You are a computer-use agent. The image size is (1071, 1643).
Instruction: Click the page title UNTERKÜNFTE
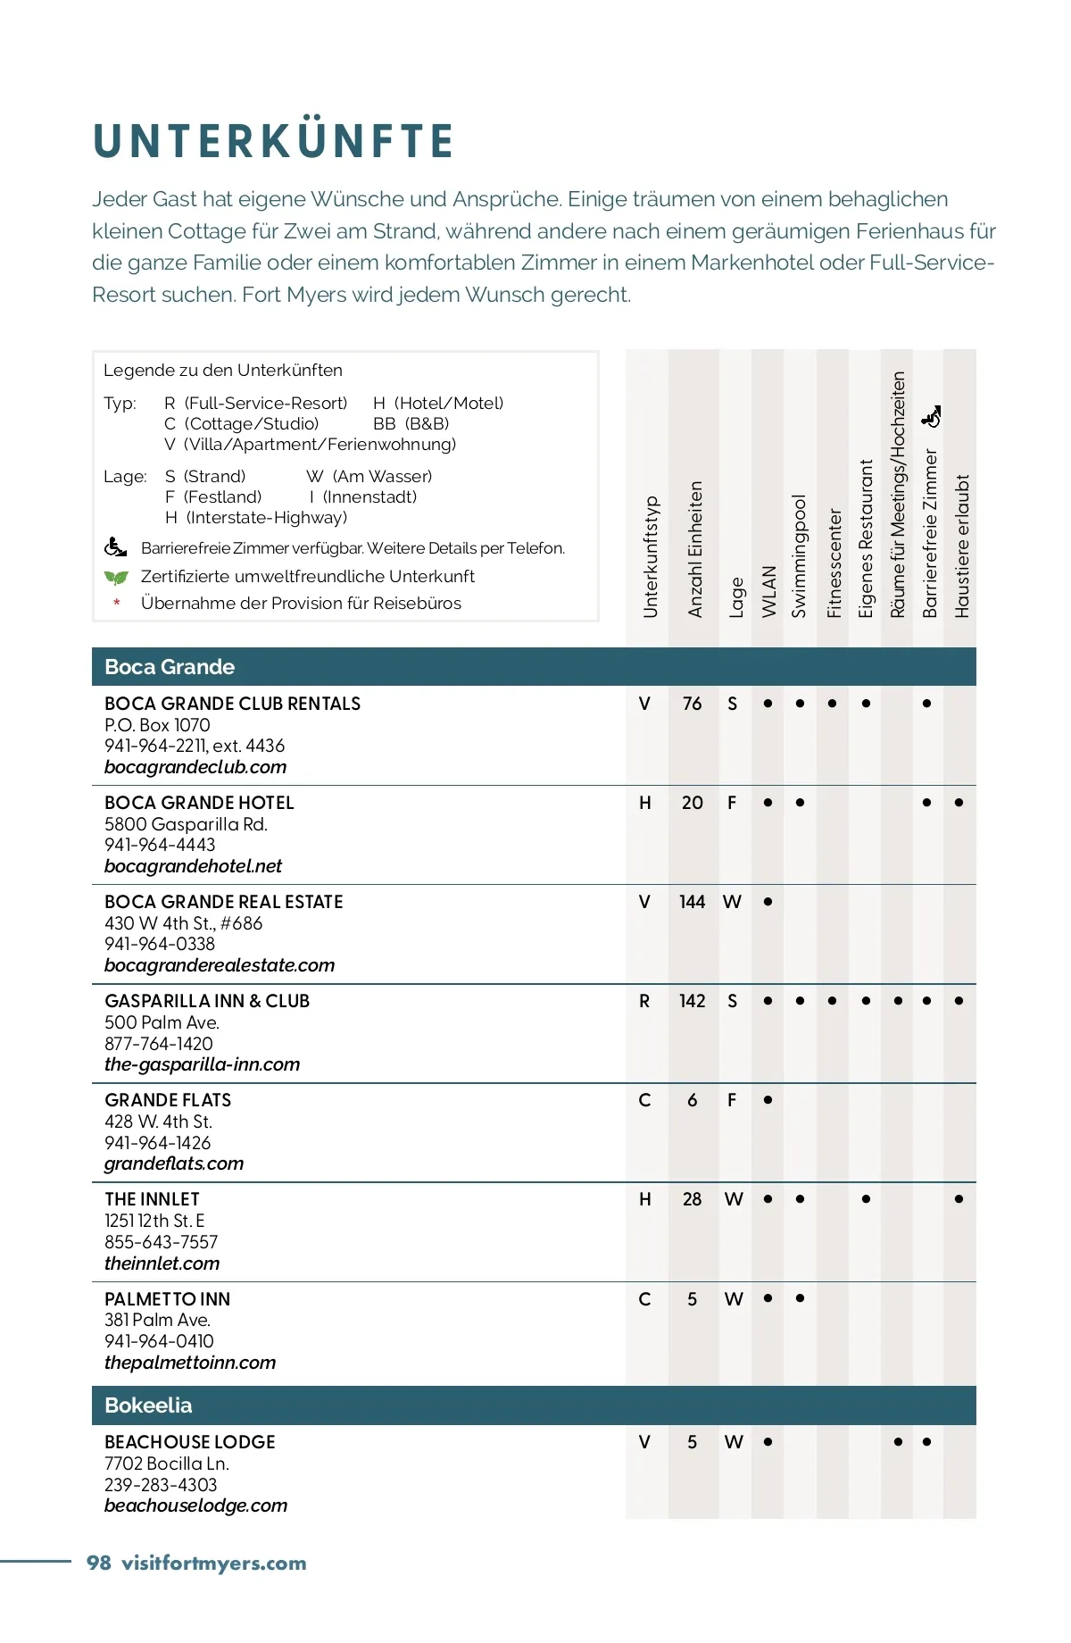[273, 141]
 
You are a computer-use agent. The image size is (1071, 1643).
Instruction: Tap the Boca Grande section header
[170, 667]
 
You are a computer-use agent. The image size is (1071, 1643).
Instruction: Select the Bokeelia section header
[148, 1405]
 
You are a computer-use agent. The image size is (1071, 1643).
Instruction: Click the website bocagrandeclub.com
[195, 767]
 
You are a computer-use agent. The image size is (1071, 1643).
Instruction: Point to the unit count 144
[692, 902]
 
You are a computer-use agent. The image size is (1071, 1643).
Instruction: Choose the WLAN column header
[768, 591]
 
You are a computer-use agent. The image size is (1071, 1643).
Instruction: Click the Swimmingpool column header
[800, 555]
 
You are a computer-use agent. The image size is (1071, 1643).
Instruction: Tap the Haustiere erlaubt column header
[961, 546]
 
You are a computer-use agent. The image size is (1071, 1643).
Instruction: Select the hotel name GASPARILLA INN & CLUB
[207, 1001]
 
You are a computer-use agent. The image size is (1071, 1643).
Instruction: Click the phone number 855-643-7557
[161, 1242]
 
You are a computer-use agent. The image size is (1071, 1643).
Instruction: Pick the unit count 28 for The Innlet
[692, 1199]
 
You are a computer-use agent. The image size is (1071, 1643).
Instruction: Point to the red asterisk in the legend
[117, 605]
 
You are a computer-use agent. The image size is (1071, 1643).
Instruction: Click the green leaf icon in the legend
[116, 577]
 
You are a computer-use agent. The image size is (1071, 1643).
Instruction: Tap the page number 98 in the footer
[98, 1563]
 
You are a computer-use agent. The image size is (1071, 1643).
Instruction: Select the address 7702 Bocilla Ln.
[167, 1464]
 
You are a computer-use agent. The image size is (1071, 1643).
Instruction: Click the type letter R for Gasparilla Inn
[644, 1001]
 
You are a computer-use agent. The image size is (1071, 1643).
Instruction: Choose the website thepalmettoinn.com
[190, 1363]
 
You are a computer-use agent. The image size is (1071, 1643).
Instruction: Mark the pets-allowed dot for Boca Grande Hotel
[959, 803]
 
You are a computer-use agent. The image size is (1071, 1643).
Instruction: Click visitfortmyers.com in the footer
[214, 1563]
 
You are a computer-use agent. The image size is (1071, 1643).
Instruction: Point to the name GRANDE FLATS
[168, 1100]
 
